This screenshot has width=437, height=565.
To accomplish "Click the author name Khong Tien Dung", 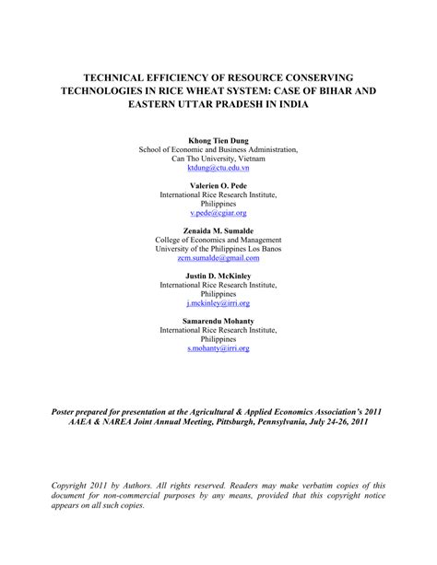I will coord(218,140).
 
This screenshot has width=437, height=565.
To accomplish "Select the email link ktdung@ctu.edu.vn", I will coord(218,169).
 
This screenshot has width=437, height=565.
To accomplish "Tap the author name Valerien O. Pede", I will coord(218,185).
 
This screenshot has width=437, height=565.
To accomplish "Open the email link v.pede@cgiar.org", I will coord(218,213).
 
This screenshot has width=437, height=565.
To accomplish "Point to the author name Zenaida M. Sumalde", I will coord(218,230).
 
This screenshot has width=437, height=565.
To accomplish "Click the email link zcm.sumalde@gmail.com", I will coord(218,258).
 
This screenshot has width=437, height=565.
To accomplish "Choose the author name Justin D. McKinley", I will coord(218,275).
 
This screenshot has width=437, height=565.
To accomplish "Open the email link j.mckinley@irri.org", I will coord(218,302).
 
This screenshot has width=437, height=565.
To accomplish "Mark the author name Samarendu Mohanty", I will coord(218,320).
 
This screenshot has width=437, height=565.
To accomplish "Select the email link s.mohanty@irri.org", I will coord(218,347).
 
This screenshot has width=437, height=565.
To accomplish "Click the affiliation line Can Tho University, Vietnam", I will coord(218,159).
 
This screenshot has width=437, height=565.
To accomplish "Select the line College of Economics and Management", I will coord(218,240).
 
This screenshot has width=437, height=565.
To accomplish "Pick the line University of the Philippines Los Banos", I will coord(218,249).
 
